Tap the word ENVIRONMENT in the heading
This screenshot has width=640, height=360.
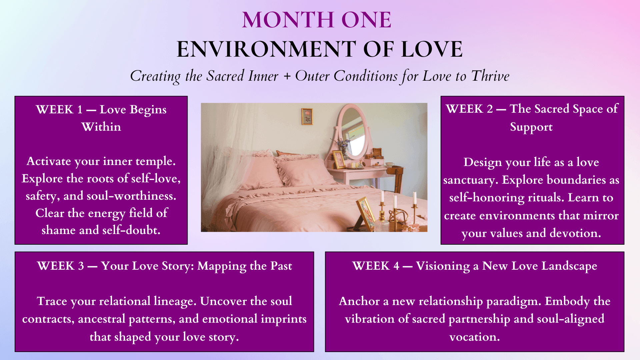(266, 49)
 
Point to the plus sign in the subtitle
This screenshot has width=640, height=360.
(287, 76)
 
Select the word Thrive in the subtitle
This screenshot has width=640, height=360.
(490, 76)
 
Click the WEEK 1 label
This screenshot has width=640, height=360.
(59, 109)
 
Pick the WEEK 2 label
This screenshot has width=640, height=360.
(469, 109)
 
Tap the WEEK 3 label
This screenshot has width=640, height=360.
(61, 266)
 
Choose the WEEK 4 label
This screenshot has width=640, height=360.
(376, 266)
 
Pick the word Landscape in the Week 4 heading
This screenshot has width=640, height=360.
(569, 266)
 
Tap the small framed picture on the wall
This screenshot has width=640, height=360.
(307, 116)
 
